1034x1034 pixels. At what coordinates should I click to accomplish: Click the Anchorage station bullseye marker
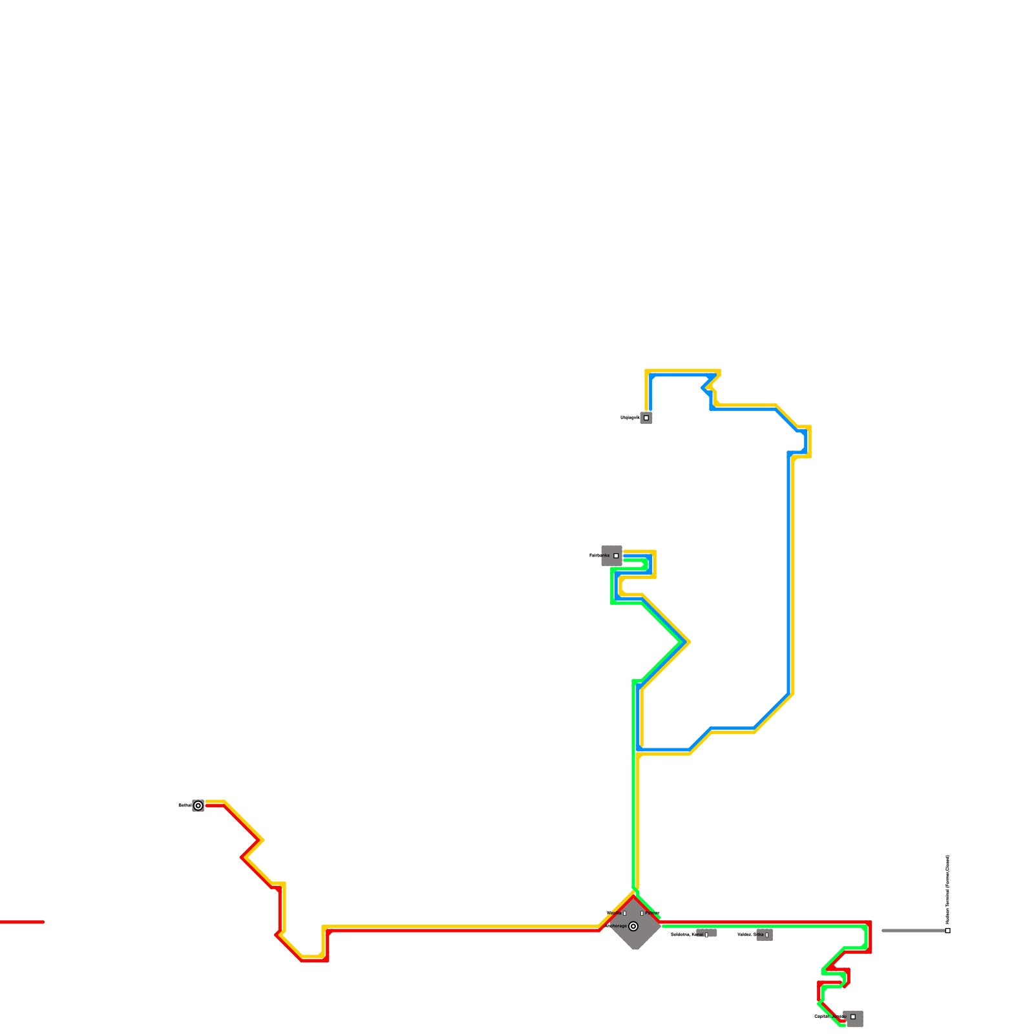point(633,926)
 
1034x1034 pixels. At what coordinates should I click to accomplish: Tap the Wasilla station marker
point(625,913)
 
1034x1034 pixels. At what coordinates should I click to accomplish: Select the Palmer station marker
point(642,913)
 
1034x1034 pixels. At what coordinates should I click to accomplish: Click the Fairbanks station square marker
point(616,556)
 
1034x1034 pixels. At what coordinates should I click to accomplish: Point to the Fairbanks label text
point(599,556)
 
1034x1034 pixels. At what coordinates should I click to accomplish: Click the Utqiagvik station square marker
point(646,417)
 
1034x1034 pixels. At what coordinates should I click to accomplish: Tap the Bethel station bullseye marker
point(198,805)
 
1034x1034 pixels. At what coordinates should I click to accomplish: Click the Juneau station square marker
point(853,1017)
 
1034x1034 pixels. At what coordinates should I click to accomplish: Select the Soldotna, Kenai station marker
point(706,935)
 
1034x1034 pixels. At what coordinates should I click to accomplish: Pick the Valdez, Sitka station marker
point(767,935)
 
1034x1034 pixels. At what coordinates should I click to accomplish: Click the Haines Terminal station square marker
point(947,931)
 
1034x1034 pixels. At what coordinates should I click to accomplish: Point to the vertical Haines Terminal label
point(947,889)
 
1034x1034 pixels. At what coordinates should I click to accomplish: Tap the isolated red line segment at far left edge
point(22,922)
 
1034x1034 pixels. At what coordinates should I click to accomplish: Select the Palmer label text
point(653,913)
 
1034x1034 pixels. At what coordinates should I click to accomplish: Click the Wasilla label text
point(614,913)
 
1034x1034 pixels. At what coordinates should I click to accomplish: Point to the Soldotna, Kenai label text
point(686,935)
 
